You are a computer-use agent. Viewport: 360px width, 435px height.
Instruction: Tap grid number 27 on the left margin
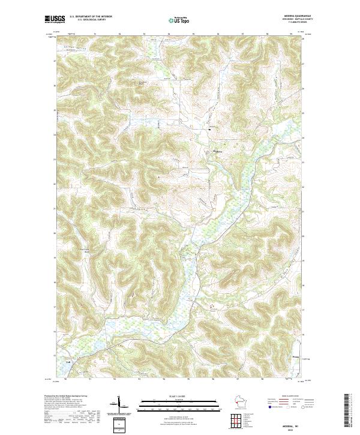click(54, 61)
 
